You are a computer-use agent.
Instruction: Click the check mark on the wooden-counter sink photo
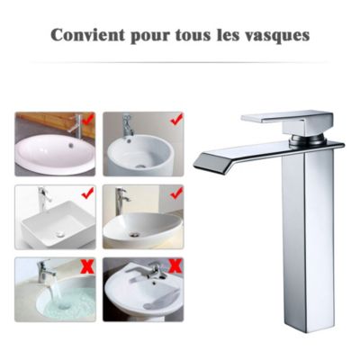[87, 118]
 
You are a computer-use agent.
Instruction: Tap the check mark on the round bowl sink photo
[175, 118]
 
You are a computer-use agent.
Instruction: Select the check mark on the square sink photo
[87, 192]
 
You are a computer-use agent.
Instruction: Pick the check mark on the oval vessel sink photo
[175, 192]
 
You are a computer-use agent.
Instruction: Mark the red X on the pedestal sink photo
[175, 265]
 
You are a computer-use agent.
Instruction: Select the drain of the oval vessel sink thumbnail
[135, 233]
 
